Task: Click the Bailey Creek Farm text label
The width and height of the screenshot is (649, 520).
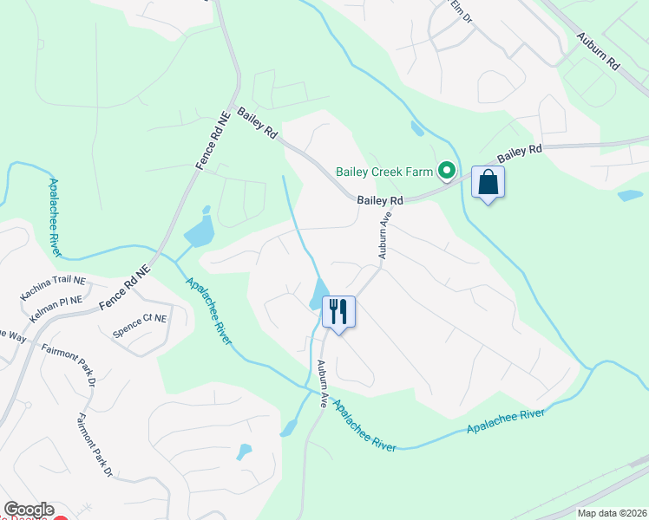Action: tap(384, 172)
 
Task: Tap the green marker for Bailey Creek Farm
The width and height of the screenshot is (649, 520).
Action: tap(448, 171)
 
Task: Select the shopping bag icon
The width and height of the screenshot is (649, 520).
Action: tap(488, 183)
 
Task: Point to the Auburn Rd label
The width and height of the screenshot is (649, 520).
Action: tap(600, 52)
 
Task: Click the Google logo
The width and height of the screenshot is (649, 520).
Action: tap(29, 510)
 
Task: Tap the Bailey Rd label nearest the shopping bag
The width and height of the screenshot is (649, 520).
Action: tap(519, 156)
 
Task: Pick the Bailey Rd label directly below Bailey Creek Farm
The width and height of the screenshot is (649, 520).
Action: tap(381, 200)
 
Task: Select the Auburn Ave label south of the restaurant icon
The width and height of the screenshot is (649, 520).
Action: tap(322, 383)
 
